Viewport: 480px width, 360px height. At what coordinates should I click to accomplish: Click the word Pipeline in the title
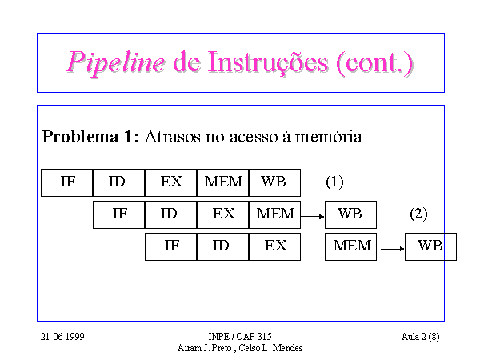click(x=115, y=63)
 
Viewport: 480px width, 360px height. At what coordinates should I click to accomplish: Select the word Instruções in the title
click(x=268, y=63)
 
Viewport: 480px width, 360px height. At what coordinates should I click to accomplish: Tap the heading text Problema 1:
click(x=90, y=137)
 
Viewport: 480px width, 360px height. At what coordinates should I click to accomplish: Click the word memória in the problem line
click(x=328, y=137)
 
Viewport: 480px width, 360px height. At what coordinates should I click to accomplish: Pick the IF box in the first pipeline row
click(x=66, y=182)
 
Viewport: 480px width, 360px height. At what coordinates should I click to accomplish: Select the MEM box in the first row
click(x=223, y=182)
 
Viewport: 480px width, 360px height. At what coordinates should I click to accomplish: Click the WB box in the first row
click(x=275, y=182)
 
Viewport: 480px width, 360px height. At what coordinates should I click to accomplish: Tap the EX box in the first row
click(x=171, y=182)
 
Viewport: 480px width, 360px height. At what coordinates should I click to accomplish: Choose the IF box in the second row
click(x=118, y=215)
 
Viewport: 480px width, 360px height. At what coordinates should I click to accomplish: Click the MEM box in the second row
click(x=275, y=215)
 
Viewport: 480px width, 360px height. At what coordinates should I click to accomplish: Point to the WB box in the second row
click(x=351, y=215)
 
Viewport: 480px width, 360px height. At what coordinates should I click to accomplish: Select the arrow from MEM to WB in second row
click(x=313, y=217)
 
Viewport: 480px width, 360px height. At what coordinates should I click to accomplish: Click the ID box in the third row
click(x=223, y=246)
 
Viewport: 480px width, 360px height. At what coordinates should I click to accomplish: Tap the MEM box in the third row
click(x=351, y=246)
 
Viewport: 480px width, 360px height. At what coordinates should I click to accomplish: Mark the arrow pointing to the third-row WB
click(x=393, y=249)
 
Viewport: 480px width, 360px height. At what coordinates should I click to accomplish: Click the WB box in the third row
click(x=430, y=246)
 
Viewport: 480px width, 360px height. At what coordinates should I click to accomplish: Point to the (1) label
click(x=334, y=182)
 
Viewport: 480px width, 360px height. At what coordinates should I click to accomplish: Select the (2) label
click(x=418, y=214)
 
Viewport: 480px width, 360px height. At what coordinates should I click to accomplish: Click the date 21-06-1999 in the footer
click(x=62, y=337)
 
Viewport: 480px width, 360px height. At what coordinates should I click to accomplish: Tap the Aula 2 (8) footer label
click(x=420, y=337)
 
